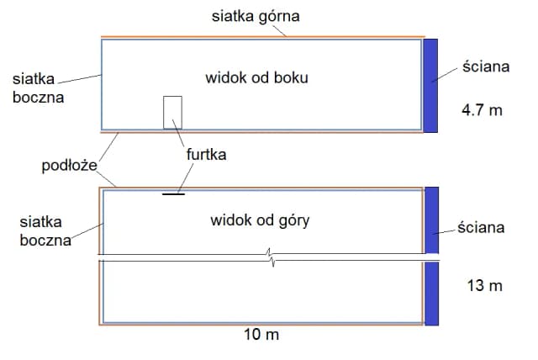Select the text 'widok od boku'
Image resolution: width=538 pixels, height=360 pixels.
(256, 78)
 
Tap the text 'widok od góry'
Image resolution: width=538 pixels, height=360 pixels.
(260, 221)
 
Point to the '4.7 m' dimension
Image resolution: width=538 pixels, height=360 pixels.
(482, 109)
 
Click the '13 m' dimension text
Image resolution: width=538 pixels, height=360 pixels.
(483, 285)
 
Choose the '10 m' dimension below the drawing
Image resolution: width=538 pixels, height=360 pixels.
(261, 335)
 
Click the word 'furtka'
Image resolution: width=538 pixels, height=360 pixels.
(206, 155)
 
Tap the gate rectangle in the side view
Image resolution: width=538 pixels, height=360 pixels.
(172, 112)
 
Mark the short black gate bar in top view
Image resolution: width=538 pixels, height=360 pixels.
(174, 193)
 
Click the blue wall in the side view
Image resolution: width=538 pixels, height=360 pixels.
(430, 85)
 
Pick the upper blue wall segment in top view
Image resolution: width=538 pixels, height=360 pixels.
(432, 220)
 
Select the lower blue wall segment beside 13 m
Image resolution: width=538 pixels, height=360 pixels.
(432, 294)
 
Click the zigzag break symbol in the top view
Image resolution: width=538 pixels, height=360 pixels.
(269, 254)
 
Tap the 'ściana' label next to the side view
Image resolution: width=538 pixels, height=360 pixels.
(485, 66)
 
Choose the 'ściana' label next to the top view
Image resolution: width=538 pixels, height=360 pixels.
(481, 227)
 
